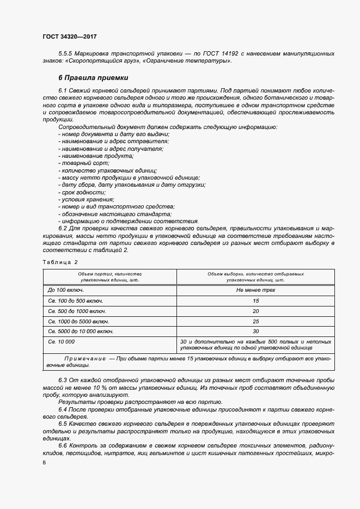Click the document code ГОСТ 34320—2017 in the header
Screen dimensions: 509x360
69,36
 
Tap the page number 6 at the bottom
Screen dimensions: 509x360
44,462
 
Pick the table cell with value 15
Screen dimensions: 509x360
255,301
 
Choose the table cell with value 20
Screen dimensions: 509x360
255,311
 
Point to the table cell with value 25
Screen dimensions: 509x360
255,321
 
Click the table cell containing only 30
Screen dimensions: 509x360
255,331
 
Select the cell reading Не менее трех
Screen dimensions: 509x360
255,290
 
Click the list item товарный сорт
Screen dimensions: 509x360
85,163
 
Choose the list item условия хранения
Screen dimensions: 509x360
87,199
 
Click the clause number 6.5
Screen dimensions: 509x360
63,423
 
